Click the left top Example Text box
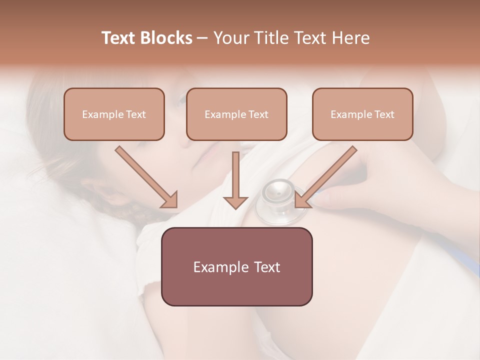(114, 114)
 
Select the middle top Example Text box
(236, 114)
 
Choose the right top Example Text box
(362, 114)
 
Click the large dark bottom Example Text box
(236, 266)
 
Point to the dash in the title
(202, 38)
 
